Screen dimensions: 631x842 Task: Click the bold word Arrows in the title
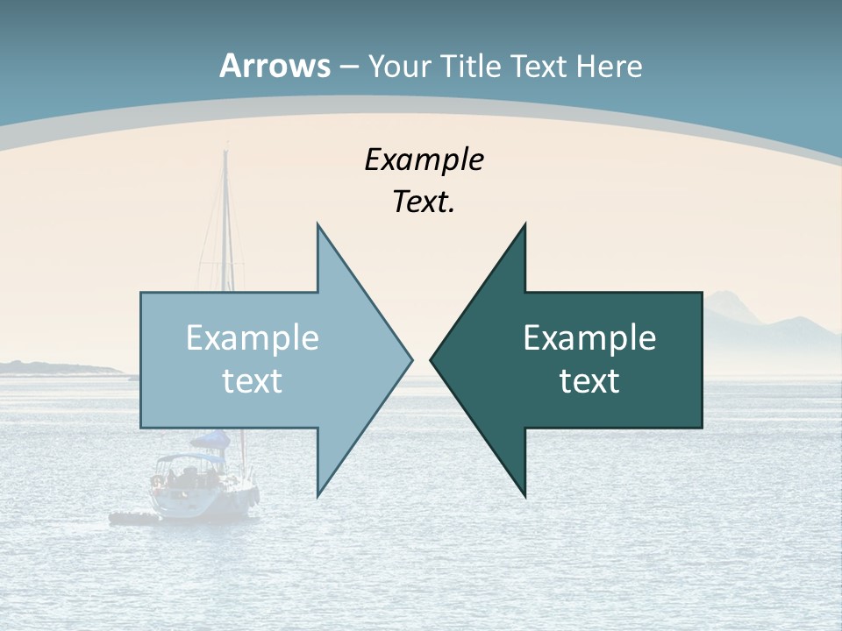(275, 66)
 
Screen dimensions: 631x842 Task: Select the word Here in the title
(609, 66)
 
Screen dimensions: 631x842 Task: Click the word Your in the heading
(399, 66)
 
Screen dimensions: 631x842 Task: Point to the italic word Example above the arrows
(424, 160)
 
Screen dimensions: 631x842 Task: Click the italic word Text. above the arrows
(424, 202)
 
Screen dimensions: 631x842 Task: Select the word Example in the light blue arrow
(253, 338)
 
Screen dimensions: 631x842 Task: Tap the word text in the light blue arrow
(253, 380)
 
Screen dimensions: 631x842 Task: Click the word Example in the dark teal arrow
(589, 338)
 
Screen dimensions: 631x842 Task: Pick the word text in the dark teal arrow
(589, 380)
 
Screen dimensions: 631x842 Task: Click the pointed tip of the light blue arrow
(410, 358)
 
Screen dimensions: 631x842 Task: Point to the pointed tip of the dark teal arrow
(432, 358)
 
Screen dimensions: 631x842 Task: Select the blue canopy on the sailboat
(210, 439)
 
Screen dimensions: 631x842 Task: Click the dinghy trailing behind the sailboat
(132, 518)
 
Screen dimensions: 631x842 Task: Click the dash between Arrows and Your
(348, 67)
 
